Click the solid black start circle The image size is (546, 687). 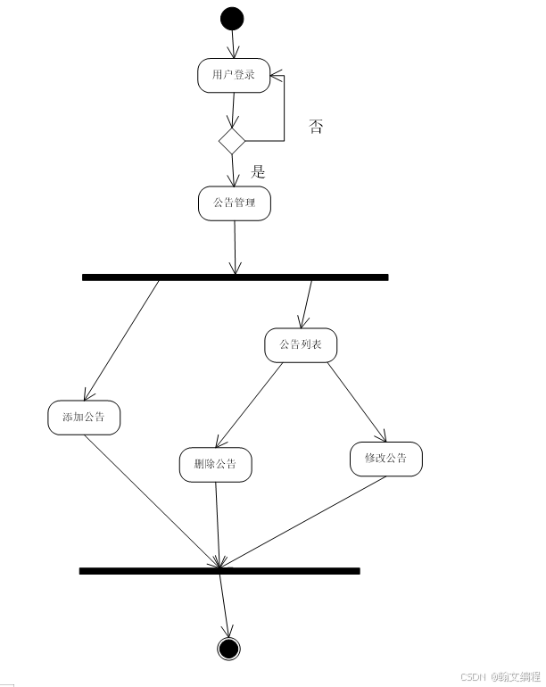232,18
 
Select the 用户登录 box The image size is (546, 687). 233,75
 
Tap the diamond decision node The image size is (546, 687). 232,140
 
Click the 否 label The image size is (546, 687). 316,126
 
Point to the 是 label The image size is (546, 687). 258,171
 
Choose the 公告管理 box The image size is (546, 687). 234,203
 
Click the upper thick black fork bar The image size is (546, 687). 235,277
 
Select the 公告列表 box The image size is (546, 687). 301,344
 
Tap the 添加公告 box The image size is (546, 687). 84,418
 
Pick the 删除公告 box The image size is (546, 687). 215,464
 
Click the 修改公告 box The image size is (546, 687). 385,459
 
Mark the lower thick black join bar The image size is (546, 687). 219,570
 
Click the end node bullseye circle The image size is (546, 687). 229,648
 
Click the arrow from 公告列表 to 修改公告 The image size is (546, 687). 356,401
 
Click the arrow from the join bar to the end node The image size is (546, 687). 224,603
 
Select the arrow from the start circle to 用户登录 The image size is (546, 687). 233,45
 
